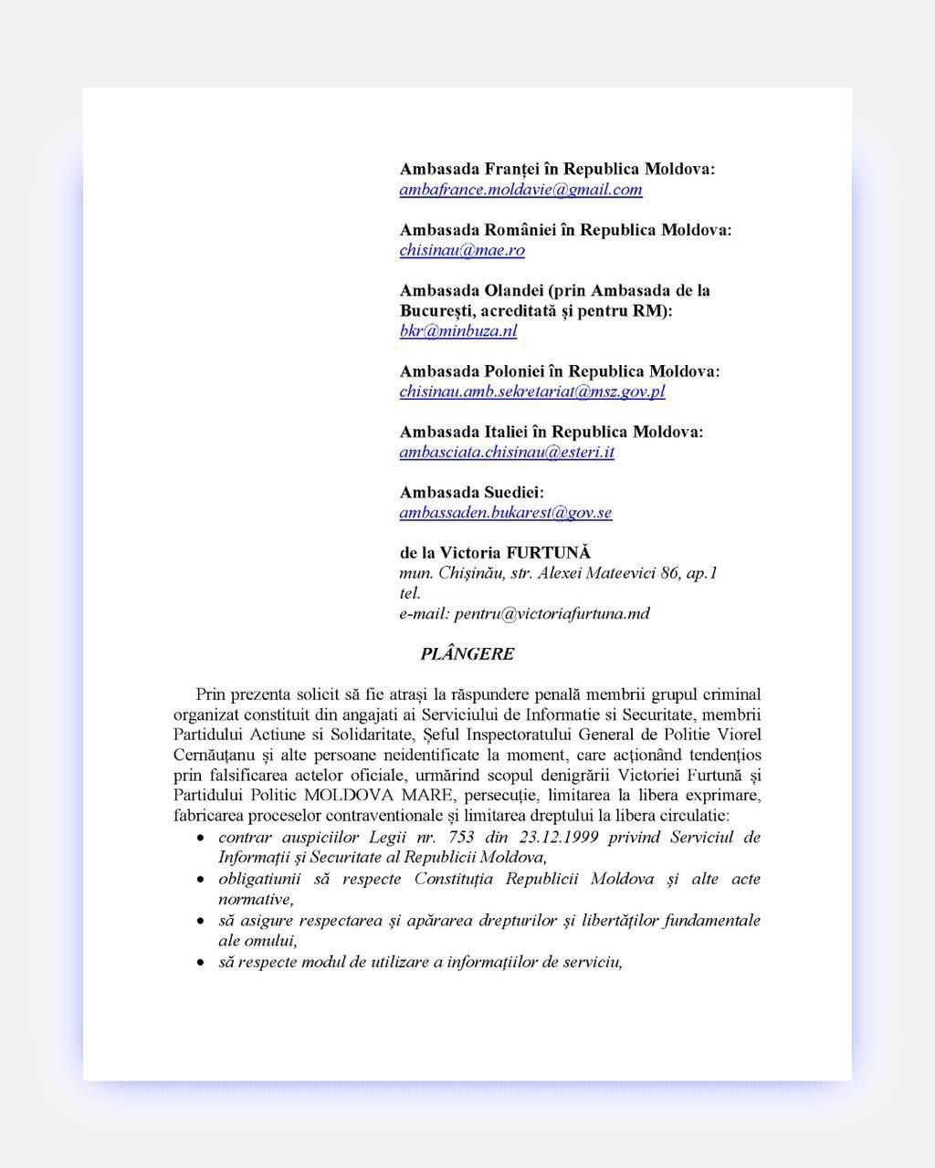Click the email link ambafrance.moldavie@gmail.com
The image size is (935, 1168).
pyautogui.click(x=520, y=190)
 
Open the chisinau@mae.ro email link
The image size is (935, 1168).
pyautogui.click(x=462, y=250)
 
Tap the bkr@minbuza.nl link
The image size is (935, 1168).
pyautogui.click(x=458, y=330)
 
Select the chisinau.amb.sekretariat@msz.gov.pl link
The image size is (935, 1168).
pyautogui.click(x=532, y=391)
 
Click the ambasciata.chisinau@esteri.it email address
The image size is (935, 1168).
pyautogui.click(x=507, y=452)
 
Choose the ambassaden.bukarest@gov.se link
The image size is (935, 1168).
pyautogui.click(x=506, y=512)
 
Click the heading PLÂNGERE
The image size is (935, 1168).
pyautogui.click(x=467, y=654)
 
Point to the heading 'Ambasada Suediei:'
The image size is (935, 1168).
pyautogui.click(x=472, y=493)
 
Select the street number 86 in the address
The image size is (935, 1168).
pyautogui.click(x=671, y=573)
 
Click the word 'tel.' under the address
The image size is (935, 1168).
pyautogui.click(x=411, y=593)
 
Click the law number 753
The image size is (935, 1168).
pyautogui.click(x=462, y=837)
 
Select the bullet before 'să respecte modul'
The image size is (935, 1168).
pyautogui.click(x=200, y=964)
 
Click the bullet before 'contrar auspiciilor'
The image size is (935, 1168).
pyautogui.click(x=200, y=838)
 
